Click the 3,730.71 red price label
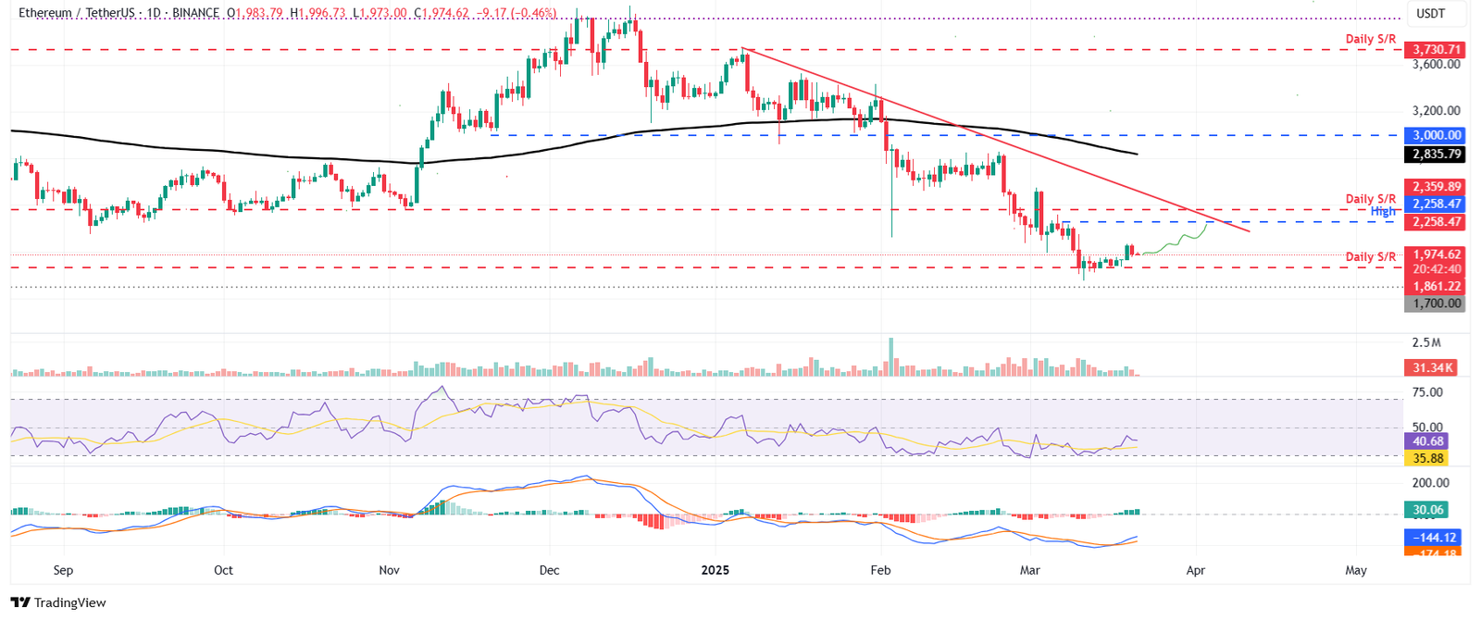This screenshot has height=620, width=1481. [x=1434, y=49]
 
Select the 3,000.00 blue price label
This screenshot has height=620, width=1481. [x=1434, y=135]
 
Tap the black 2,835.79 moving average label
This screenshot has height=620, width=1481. [x=1434, y=155]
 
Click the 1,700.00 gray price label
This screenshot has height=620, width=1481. [x=1434, y=304]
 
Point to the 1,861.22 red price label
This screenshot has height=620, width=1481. [x=1434, y=286]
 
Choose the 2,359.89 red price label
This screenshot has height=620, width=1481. [x=1434, y=187]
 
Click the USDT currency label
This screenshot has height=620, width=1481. [x=1431, y=14]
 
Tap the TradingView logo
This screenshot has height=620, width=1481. [x=59, y=602]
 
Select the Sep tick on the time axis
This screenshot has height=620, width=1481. [x=63, y=570]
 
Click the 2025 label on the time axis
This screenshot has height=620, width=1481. [x=715, y=570]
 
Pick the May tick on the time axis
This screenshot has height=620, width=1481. [x=1355, y=570]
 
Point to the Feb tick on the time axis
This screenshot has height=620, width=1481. [x=880, y=570]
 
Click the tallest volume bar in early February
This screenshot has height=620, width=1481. [x=891, y=357]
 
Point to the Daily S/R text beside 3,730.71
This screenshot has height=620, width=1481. [x=1370, y=39]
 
